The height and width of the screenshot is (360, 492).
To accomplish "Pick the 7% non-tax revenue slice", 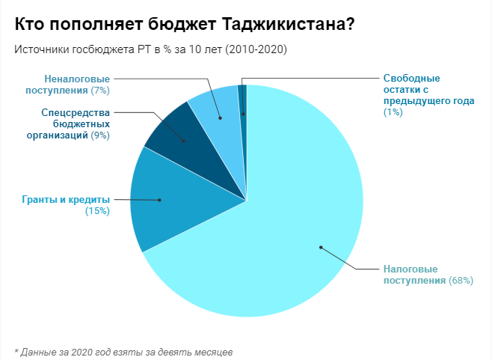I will pos(217,112).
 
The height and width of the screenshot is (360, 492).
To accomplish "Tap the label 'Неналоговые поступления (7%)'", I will pos(77,84).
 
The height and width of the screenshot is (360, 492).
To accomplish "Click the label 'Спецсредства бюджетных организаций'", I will pos(75,124).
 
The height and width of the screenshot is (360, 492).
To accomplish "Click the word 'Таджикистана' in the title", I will pos(289,24).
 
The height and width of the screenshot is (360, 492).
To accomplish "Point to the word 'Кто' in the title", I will pos(29,24).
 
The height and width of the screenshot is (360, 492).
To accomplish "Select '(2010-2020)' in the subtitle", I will pos(256,49).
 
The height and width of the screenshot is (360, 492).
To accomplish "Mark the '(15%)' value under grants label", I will pos(98,211).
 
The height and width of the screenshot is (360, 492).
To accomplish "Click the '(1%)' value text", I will pos(393,112).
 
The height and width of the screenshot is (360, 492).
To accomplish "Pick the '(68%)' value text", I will pos(461,280).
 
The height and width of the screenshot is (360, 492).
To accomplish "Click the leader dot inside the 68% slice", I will pos(320,247).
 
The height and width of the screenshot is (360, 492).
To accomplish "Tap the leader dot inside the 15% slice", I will pos(159,200).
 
